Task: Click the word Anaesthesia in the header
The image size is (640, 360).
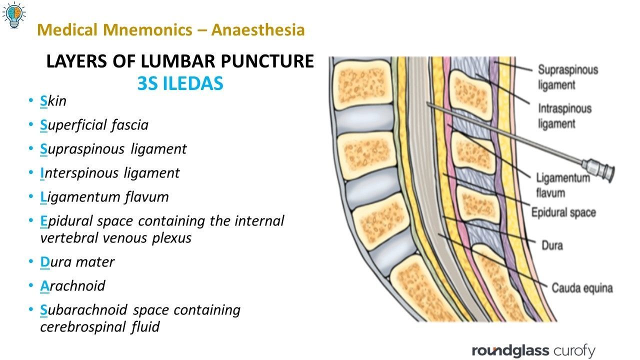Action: click(258, 30)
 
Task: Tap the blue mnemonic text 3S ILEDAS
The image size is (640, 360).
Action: click(180, 84)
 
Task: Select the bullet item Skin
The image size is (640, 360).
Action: click(53, 101)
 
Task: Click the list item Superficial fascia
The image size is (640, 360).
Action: click(94, 125)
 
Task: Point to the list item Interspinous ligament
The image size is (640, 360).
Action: click(110, 173)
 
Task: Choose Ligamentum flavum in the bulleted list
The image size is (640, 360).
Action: click(104, 197)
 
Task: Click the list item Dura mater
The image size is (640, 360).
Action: click(77, 262)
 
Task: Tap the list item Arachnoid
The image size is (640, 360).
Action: click(73, 286)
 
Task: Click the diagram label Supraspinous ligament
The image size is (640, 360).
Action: click(567, 77)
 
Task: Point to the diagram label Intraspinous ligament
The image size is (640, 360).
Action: click(564, 115)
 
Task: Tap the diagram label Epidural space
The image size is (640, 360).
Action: click(563, 212)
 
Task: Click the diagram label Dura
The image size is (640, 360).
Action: click(552, 245)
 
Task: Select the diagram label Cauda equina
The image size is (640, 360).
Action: click(582, 288)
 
